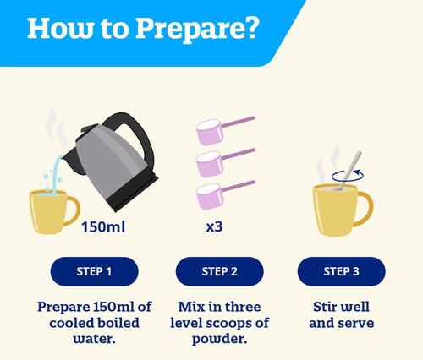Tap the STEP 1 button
click(x=94, y=271)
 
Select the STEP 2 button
click(x=219, y=271)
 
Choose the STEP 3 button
click(x=341, y=271)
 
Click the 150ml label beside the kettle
click(x=103, y=226)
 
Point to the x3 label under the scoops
click(x=214, y=226)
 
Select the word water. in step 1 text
click(x=95, y=339)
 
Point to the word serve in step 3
click(x=358, y=324)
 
